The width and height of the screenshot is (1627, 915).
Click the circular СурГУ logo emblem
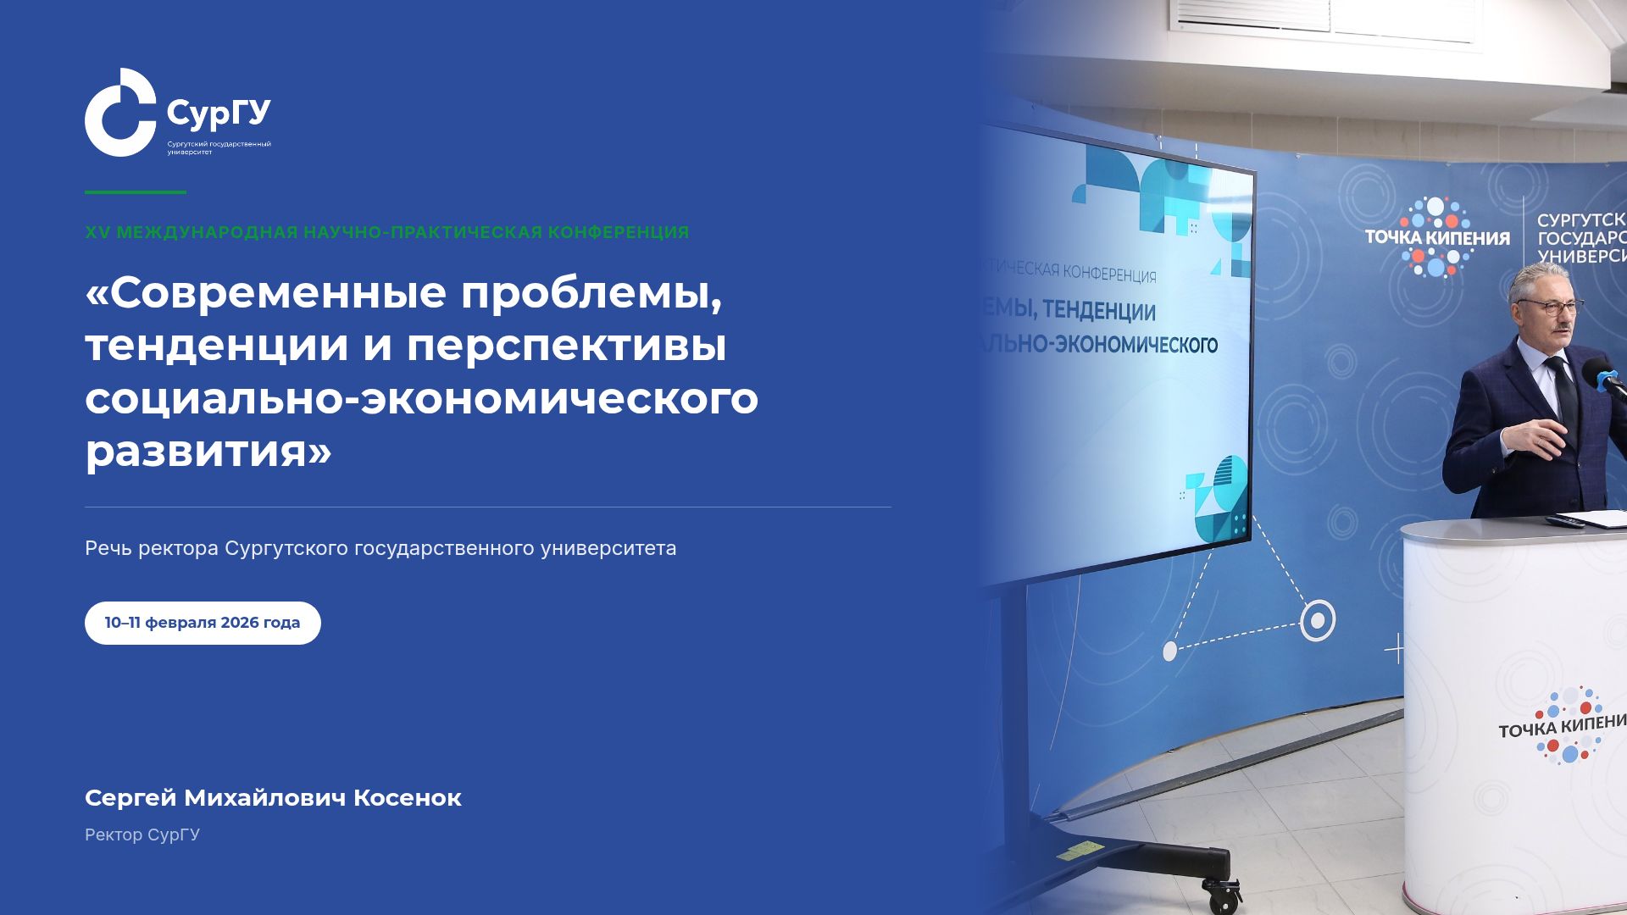click(119, 113)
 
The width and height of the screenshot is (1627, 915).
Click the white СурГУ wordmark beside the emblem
click(219, 113)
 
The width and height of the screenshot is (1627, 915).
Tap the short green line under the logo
click(136, 192)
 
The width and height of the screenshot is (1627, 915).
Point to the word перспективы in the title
click(566, 346)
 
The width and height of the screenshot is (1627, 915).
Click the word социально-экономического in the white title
click(421, 398)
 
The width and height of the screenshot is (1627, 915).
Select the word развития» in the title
click(208, 451)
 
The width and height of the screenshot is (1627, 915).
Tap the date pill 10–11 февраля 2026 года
click(203, 623)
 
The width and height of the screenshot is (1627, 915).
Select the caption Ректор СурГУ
click(142, 835)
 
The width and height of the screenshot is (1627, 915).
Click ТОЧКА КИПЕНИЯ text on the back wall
click(1437, 238)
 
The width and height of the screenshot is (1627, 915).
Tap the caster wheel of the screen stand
click(1221, 893)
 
